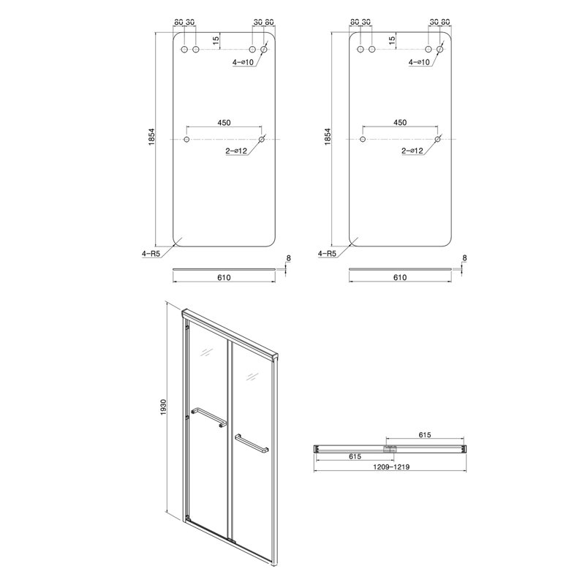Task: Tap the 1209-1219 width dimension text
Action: pyautogui.click(x=390, y=467)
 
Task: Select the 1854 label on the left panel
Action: pyautogui.click(x=152, y=137)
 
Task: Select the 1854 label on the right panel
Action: pyautogui.click(x=328, y=137)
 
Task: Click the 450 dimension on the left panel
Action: pyautogui.click(x=224, y=122)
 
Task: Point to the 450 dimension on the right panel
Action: pyautogui.click(x=400, y=122)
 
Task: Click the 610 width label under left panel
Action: pyautogui.click(x=224, y=277)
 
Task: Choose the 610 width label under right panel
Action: pyautogui.click(x=400, y=277)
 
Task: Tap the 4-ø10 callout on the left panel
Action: pyautogui.click(x=243, y=62)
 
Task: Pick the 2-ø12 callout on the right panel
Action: pyautogui.click(x=412, y=151)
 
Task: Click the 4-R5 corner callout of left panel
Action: pyautogui.click(x=151, y=254)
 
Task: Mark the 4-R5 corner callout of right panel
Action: pyautogui.click(x=327, y=254)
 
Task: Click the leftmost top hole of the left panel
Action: pyautogui.click(x=184, y=49)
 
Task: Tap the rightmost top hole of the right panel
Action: pyautogui.click(x=440, y=49)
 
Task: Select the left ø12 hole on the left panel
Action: pyautogui.click(x=186, y=139)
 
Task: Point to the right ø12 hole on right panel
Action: pyautogui.click(x=437, y=139)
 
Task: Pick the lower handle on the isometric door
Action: pyautogui.click(x=251, y=442)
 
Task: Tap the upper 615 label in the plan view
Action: pyautogui.click(x=425, y=434)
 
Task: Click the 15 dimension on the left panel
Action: pyautogui.click(x=216, y=40)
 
